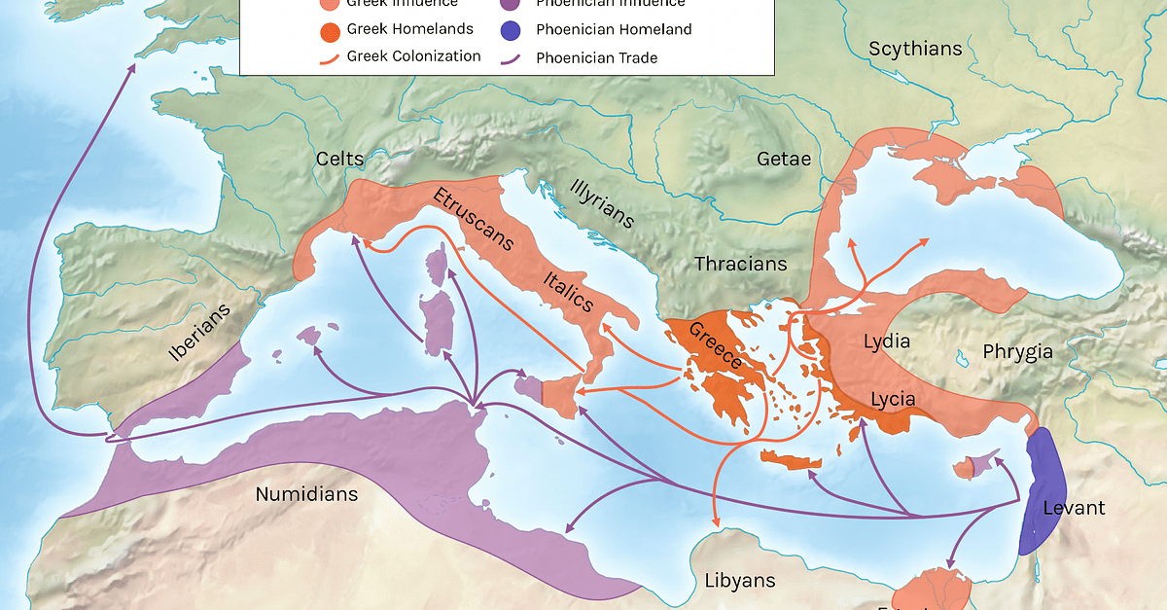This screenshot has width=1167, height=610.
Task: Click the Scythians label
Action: click(x=915, y=49)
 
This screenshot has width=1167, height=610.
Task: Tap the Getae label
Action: click(x=783, y=160)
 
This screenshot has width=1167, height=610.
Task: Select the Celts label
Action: click(x=339, y=159)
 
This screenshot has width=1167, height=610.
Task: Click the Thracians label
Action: click(x=740, y=264)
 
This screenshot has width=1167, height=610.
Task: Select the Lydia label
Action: click(x=886, y=341)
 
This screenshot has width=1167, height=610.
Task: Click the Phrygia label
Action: click(x=1017, y=352)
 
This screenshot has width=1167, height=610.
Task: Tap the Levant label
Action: click(x=1074, y=508)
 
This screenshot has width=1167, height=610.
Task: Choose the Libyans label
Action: click(x=740, y=581)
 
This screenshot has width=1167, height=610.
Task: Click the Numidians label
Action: click(x=306, y=494)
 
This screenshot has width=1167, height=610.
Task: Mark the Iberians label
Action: click(x=200, y=334)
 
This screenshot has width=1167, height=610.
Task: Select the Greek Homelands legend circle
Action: click(x=330, y=29)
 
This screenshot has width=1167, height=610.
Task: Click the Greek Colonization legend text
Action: click(x=413, y=56)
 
